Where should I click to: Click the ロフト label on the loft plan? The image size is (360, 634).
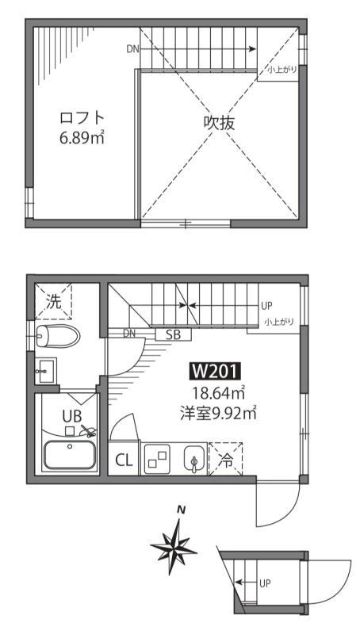click(82, 118)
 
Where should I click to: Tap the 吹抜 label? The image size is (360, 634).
click(219, 124)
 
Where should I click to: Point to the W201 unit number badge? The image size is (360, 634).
click(215, 371)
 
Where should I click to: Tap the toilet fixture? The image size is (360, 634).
click(57, 334)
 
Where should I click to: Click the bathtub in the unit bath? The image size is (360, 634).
click(70, 455)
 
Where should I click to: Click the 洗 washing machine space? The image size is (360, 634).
click(53, 301)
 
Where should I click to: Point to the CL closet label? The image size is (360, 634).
click(124, 460)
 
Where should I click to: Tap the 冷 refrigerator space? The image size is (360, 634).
click(226, 460)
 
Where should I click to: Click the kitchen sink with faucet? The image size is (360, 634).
click(193, 459)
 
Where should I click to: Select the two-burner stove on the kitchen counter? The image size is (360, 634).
click(156, 459)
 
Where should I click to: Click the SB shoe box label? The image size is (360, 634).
click(173, 334)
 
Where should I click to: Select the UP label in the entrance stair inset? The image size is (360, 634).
click(266, 584)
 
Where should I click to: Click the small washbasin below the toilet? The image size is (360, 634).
click(45, 369)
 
